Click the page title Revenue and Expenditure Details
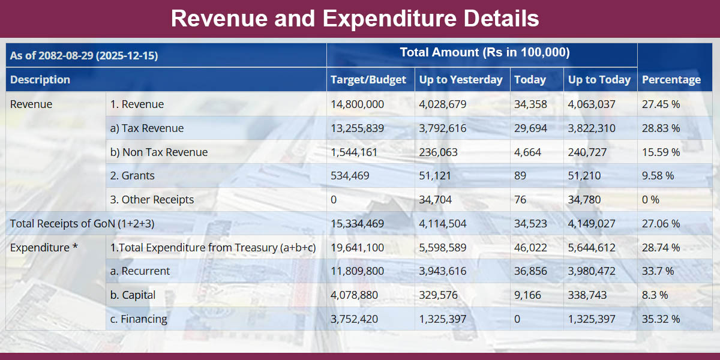(x=355, y=18)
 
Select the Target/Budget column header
(x=368, y=79)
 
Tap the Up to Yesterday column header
(x=461, y=79)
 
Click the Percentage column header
(x=671, y=79)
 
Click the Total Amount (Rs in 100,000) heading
(x=484, y=53)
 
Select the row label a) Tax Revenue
(x=147, y=128)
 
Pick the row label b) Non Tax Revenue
(x=158, y=152)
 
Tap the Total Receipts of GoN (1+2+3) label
(x=82, y=224)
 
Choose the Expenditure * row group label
(x=44, y=247)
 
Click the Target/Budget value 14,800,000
(x=357, y=104)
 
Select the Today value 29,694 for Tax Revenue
(x=527, y=128)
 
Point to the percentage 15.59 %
(x=661, y=152)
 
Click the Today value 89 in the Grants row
(x=520, y=176)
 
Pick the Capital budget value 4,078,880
(x=354, y=295)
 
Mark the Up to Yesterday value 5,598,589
(x=443, y=247)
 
